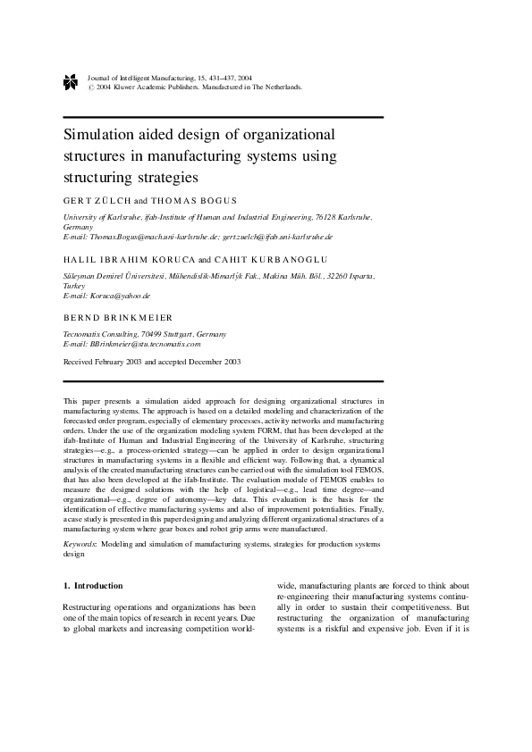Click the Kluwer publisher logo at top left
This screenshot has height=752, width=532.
[71, 83]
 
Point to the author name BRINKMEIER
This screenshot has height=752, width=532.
[140, 317]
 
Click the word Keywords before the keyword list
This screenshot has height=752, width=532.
[80, 543]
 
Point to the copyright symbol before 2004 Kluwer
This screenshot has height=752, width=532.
[90, 88]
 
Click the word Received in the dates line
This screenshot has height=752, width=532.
[80, 362]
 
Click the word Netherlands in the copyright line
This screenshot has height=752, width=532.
[283, 88]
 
